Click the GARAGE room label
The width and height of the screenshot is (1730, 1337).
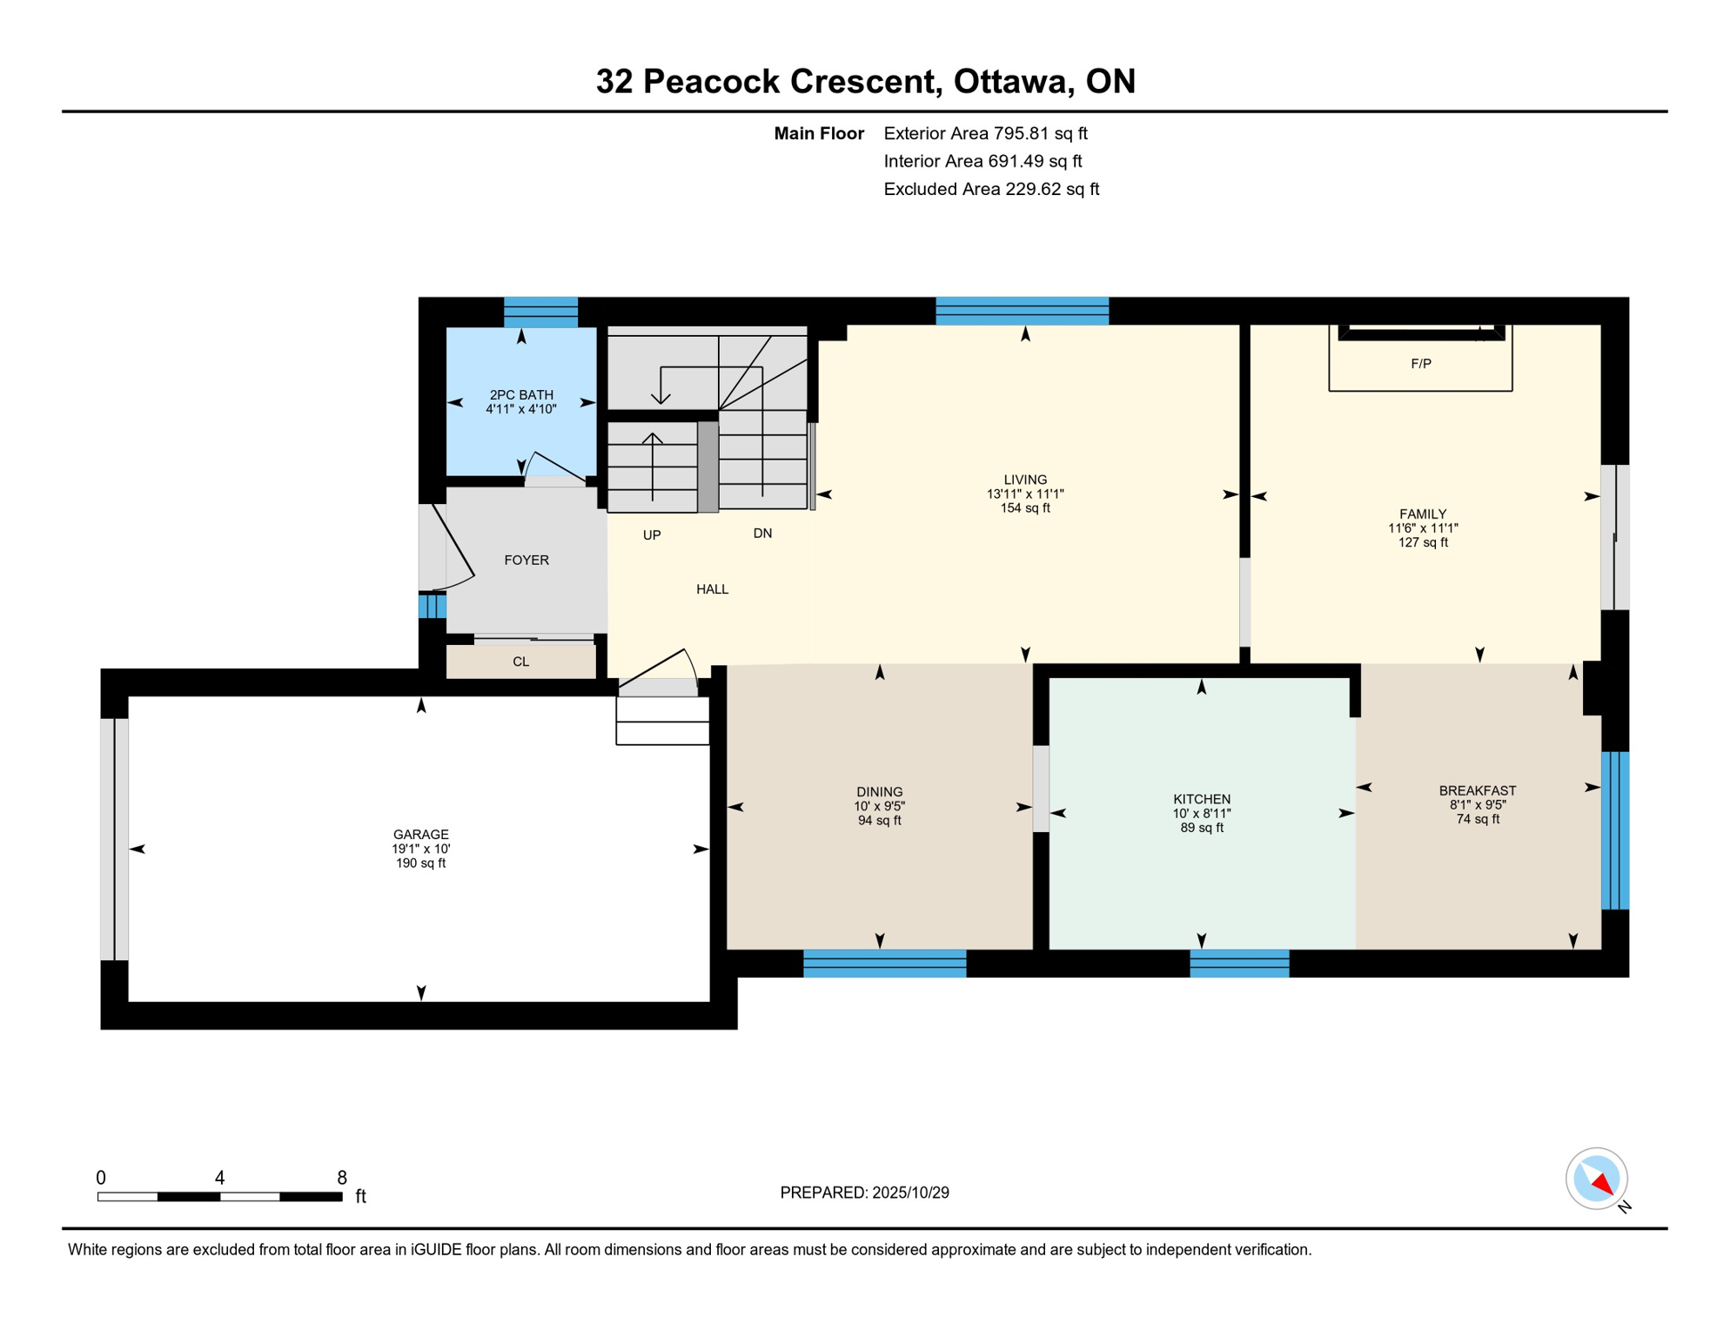(420, 834)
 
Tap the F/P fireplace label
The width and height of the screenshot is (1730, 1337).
(1420, 364)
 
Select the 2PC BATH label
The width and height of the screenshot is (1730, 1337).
(520, 394)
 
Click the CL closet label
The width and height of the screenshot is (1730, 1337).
(520, 662)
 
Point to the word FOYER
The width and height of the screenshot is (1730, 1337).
(526, 560)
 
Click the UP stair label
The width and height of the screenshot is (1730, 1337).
(651, 535)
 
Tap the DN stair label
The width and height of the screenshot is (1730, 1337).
(762, 534)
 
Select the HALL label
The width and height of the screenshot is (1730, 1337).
(712, 589)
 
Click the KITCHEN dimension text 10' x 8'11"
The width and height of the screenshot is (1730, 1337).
(1201, 813)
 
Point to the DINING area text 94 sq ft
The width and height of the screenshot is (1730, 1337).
(879, 820)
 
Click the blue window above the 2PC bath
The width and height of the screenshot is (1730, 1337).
(540, 312)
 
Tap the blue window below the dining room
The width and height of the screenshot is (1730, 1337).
(884, 964)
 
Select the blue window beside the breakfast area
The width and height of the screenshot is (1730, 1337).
(1614, 830)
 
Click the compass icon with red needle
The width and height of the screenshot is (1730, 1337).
(1596, 1179)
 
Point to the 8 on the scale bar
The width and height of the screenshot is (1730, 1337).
(342, 1178)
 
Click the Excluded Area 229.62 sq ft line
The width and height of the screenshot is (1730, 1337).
(990, 189)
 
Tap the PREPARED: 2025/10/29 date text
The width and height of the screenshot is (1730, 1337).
(864, 1193)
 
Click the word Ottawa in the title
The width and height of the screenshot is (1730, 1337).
(1009, 81)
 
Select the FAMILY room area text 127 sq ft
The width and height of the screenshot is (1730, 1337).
(1422, 542)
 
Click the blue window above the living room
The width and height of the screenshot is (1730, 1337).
(1022, 311)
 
